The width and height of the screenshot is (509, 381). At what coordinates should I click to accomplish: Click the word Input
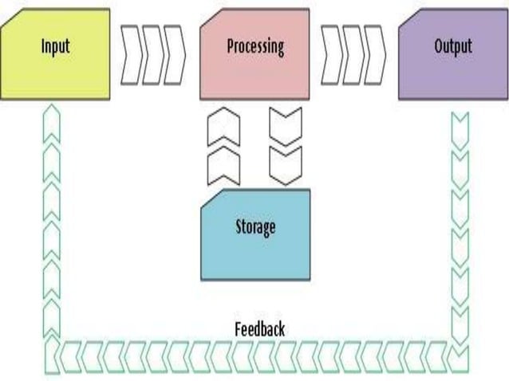click(54, 45)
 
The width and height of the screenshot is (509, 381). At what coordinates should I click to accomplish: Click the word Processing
click(254, 45)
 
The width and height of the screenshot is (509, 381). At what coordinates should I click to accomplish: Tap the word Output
click(452, 45)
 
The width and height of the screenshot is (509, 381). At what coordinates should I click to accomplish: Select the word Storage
click(254, 226)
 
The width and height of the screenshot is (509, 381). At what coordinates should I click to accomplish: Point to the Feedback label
click(259, 328)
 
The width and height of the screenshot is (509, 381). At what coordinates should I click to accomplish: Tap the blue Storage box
click(254, 247)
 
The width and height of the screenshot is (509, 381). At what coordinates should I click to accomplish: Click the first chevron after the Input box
click(131, 54)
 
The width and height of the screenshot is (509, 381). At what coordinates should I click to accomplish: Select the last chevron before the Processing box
click(174, 54)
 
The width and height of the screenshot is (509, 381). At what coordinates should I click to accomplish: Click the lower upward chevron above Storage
click(223, 167)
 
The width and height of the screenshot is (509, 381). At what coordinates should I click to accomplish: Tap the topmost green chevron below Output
click(460, 124)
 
